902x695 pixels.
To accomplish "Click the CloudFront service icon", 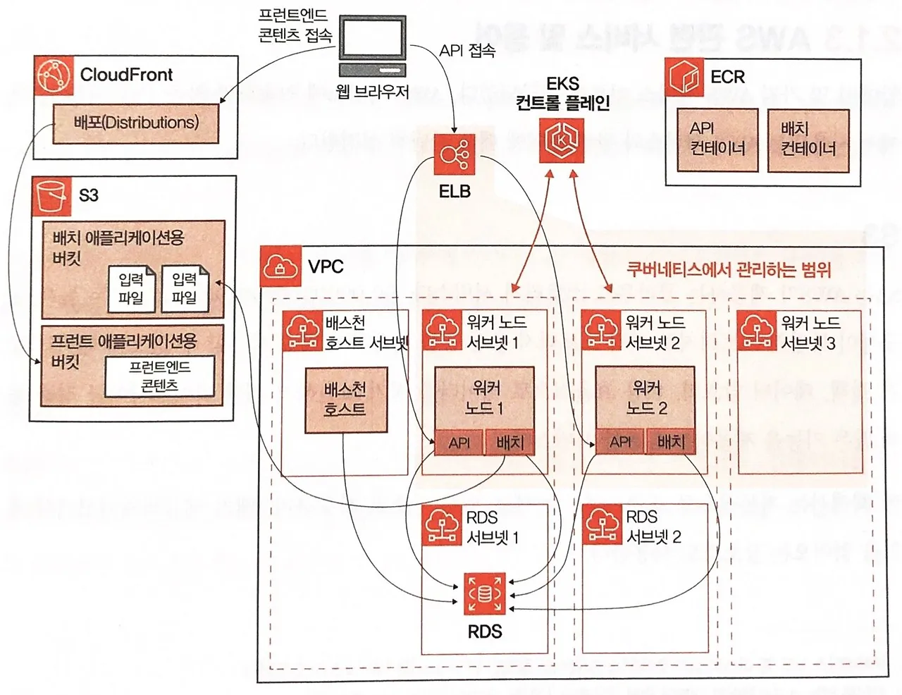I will coord(54,76).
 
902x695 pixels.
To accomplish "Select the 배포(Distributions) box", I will coord(136,123).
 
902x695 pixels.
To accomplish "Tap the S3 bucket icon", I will coord(51,196).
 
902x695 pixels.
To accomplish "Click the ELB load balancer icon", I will coord(455,154).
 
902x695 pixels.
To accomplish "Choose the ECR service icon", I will coord(685,78).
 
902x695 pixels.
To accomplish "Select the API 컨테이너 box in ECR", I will coord(717,140).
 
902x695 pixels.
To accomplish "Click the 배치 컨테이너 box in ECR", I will coord(808,140).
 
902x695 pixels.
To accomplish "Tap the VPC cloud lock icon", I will coord(280,267).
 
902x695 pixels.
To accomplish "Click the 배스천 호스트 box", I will coord(345,400).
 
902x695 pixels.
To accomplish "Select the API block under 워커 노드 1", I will coord(459,443).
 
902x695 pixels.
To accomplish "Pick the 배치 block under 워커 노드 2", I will coord(671,442).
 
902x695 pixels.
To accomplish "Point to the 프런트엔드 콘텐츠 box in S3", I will coord(159,376).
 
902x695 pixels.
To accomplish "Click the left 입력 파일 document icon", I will coord(131,288).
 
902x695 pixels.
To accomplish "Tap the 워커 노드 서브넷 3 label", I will coord(810,333).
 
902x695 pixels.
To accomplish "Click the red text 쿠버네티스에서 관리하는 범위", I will coord(729,270).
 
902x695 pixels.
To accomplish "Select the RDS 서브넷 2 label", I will coord(653,527).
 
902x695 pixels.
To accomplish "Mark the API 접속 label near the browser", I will coord(467,51).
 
